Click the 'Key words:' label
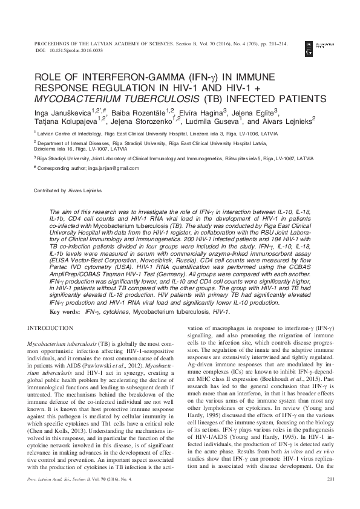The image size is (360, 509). (x=64, y=311)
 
